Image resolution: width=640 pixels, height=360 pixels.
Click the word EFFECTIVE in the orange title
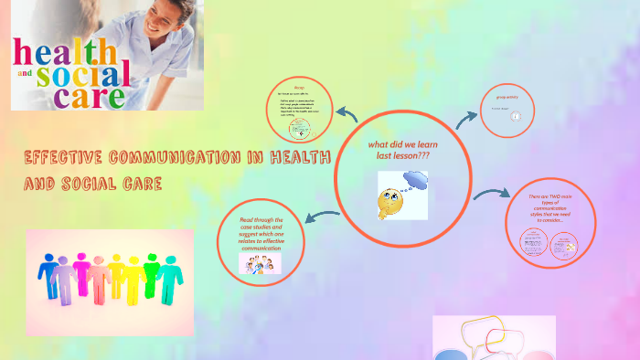(x=69, y=158)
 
